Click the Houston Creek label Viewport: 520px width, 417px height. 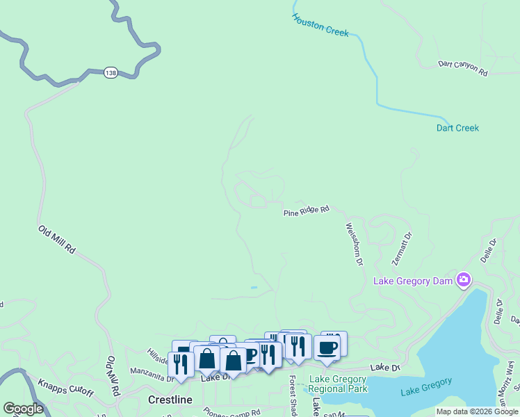(x=320, y=25)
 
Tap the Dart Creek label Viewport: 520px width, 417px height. (x=457, y=128)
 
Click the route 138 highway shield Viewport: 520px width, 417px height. (x=111, y=72)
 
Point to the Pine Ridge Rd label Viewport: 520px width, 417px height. (x=305, y=211)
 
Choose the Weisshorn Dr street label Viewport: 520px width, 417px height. (x=355, y=244)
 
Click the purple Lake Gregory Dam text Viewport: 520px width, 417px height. (x=413, y=281)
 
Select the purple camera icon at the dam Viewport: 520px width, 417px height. (x=464, y=280)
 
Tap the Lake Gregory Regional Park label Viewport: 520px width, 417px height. (x=337, y=384)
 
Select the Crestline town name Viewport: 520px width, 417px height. (x=170, y=400)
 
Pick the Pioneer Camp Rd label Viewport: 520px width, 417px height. (x=233, y=411)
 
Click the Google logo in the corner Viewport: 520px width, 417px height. (x=24, y=409)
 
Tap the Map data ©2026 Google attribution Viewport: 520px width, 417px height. (x=477, y=411)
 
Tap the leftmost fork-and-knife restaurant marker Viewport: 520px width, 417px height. (x=181, y=365)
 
